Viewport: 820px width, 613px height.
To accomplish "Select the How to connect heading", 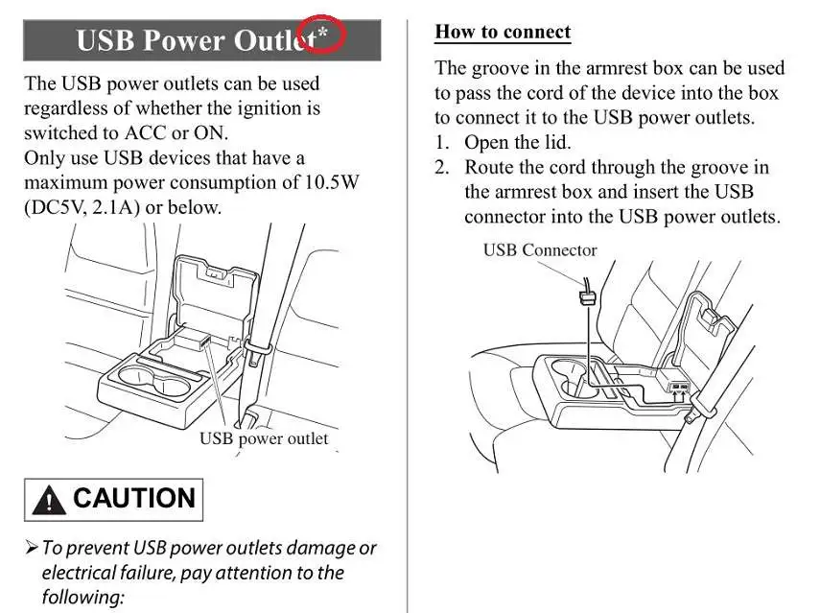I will pyautogui.click(x=503, y=32).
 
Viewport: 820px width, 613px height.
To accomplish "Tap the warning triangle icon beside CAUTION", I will pyautogui.click(x=48, y=501).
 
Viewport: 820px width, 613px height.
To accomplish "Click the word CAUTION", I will pyautogui.click(x=133, y=499).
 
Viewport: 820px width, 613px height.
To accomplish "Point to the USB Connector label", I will pyautogui.click(x=539, y=250).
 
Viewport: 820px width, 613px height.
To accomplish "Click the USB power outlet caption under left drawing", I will pyautogui.click(x=263, y=439).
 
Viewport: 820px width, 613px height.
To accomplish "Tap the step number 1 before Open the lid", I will pyautogui.click(x=442, y=143).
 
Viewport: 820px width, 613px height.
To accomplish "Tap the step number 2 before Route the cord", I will pyautogui.click(x=442, y=168).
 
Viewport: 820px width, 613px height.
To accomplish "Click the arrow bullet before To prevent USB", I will pyautogui.click(x=31, y=549).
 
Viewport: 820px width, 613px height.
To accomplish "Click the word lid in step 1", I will pyautogui.click(x=554, y=143).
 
